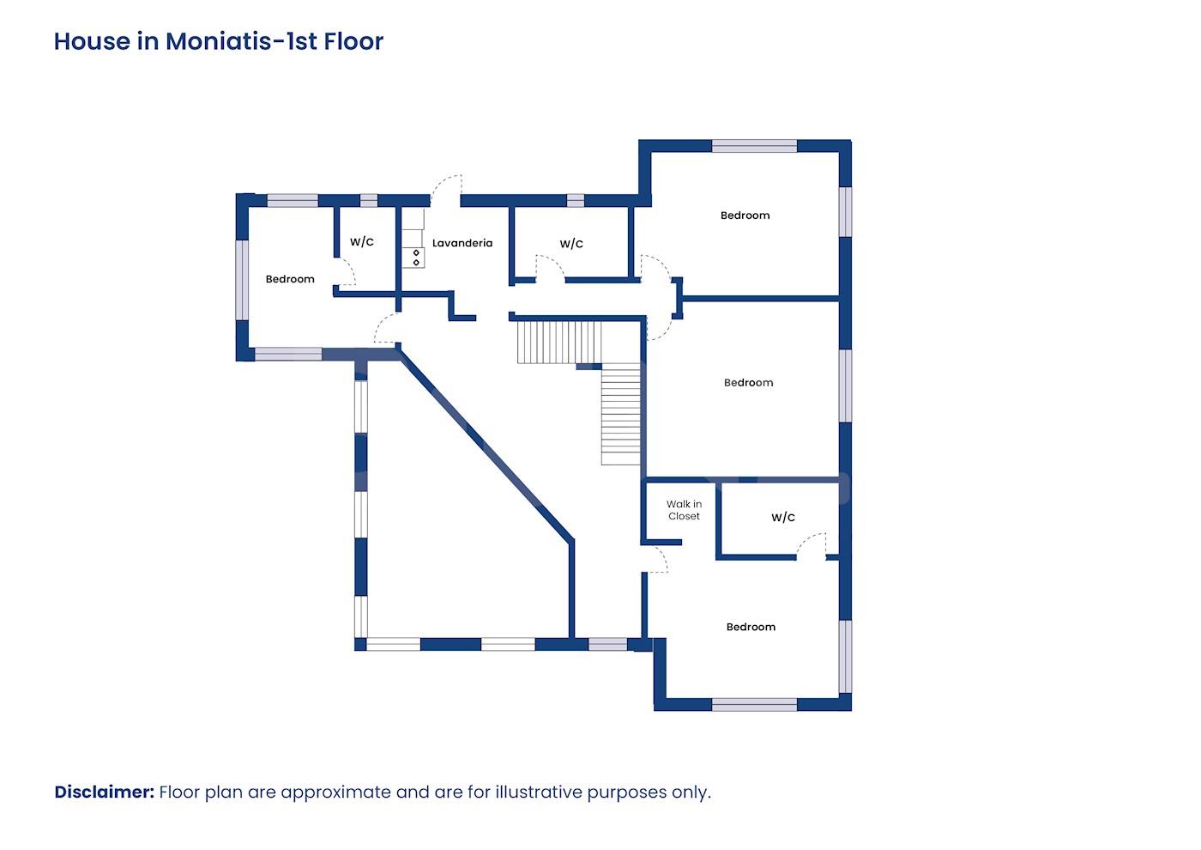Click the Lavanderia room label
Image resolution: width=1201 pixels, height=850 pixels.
(x=462, y=243)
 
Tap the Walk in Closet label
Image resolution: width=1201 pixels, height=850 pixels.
(x=685, y=510)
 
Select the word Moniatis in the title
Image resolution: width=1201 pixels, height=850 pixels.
(x=218, y=41)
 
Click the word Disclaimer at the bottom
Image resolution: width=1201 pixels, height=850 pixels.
(x=105, y=792)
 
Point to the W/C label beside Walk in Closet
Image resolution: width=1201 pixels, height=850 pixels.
(x=782, y=517)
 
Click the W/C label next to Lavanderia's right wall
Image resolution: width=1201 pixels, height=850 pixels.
(x=571, y=244)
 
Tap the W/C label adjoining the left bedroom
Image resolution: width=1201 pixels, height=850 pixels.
(x=362, y=241)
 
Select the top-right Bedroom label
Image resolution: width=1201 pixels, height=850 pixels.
(x=745, y=216)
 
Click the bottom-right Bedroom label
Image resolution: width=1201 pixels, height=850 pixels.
(x=751, y=627)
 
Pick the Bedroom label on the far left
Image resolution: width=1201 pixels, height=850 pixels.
(x=290, y=279)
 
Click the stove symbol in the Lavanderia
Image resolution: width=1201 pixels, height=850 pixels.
(x=416, y=258)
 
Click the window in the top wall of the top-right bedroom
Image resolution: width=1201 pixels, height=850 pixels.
(x=754, y=146)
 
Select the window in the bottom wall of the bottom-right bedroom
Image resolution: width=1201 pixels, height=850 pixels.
(x=754, y=705)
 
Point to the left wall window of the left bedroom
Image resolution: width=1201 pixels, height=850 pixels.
(x=242, y=280)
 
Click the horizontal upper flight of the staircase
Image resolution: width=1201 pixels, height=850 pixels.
(x=558, y=343)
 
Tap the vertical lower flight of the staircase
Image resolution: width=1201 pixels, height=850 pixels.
(x=620, y=414)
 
